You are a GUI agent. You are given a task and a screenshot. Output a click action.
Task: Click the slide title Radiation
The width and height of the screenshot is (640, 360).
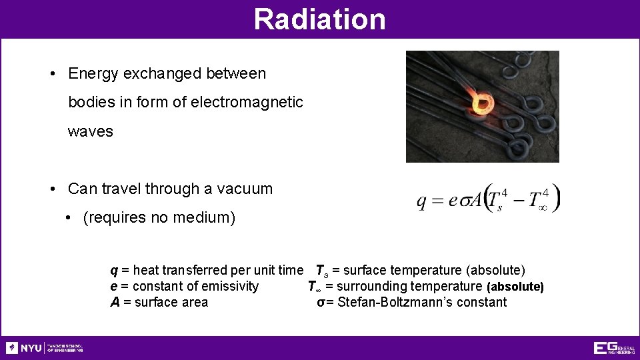(319, 19)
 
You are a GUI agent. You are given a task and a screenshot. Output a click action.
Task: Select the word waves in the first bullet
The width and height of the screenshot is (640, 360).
(90, 131)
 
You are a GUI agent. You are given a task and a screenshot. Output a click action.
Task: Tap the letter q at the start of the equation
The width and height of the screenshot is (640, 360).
(422, 201)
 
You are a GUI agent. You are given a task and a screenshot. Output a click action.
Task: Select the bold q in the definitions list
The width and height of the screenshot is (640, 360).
(113, 271)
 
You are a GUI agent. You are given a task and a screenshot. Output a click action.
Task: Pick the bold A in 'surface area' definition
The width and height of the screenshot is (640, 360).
(114, 303)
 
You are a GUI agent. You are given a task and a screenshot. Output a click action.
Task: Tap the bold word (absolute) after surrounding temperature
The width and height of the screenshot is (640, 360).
(515, 287)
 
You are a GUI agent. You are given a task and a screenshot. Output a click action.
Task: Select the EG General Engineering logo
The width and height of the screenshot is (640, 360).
(613, 348)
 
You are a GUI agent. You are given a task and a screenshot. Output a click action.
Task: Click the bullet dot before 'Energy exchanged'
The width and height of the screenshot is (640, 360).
(53, 74)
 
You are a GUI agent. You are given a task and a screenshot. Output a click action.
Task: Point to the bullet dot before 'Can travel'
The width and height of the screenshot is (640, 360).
(53, 189)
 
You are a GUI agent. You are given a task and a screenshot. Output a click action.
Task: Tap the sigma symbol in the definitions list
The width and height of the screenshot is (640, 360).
(321, 303)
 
